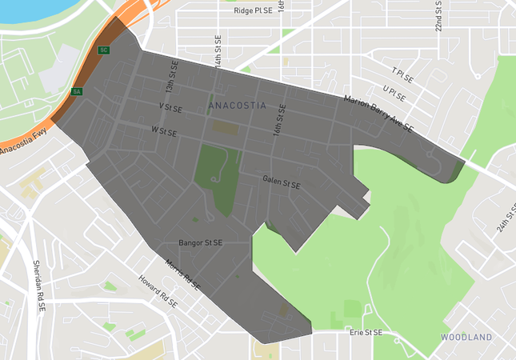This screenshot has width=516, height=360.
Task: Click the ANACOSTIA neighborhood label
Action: click(237, 106)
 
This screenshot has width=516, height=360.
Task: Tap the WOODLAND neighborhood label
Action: click(466, 338)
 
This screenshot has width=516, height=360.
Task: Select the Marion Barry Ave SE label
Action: click(378, 113)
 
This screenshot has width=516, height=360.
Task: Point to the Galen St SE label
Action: click(281, 184)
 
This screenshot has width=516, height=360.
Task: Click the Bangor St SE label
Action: click(201, 242)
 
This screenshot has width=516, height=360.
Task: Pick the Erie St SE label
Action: click(366, 332)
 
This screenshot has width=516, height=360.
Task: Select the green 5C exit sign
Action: click(103, 50)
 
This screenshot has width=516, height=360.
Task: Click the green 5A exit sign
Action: click(77, 92)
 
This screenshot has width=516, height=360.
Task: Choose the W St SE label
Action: click(166, 129)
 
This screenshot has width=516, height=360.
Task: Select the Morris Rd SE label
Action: click(183, 274)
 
